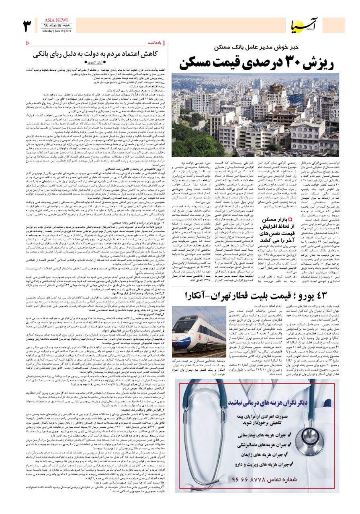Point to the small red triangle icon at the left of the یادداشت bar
pos(27,42)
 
